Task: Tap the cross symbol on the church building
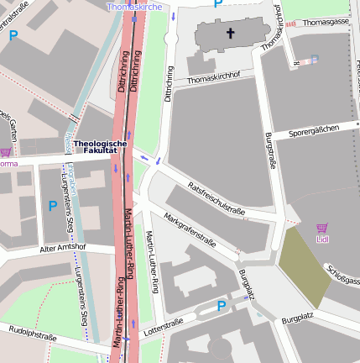[x=230, y=34]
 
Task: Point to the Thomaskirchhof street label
[x=214, y=78]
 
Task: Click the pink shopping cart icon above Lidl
[x=321, y=228]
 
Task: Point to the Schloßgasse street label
[x=343, y=274]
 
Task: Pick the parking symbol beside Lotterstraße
[x=222, y=307]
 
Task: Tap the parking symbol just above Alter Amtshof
[x=53, y=206]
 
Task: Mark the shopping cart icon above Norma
[x=6, y=151]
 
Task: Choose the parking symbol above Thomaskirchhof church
[x=217, y=3]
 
